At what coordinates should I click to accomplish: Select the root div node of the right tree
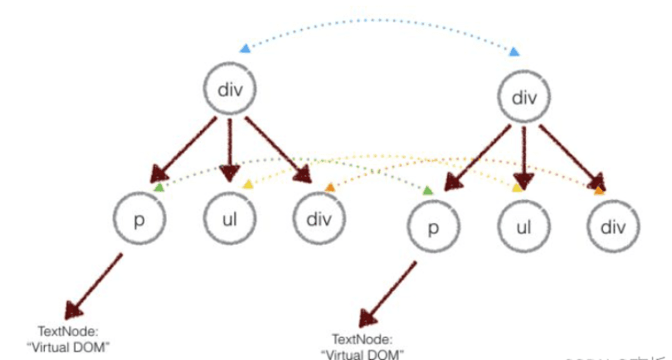click(524, 99)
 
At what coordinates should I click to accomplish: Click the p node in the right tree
click(432, 227)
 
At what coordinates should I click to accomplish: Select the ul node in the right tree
click(523, 226)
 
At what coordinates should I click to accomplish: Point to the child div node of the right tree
click(614, 226)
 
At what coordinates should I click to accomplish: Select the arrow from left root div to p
click(186, 151)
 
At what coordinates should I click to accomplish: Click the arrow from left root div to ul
click(231, 149)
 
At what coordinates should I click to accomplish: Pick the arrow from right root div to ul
click(523, 158)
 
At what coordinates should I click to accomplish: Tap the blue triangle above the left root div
click(244, 49)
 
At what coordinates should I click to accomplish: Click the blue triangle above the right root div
click(514, 52)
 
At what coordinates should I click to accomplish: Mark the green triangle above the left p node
click(158, 187)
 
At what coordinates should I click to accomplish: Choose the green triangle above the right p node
click(427, 191)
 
